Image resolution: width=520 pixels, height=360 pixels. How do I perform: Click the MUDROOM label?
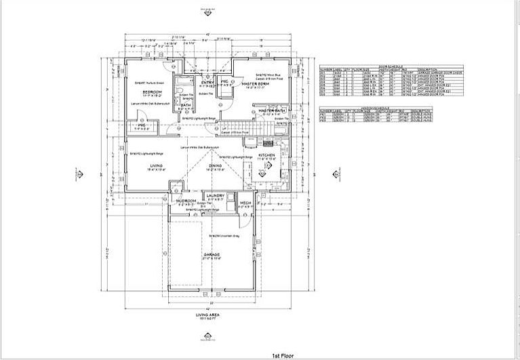pyautogui.click(x=186, y=201)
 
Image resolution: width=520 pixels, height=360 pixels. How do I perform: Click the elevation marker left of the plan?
pyautogui.click(x=79, y=174)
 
